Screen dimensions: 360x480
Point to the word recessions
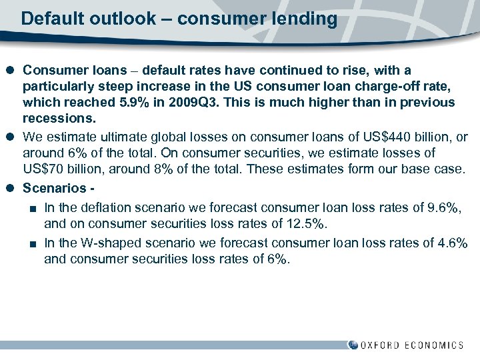[x=58, y=119]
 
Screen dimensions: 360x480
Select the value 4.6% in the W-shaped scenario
[x=449, y=243]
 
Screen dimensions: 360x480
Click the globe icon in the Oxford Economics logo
[x=353, y=345]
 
